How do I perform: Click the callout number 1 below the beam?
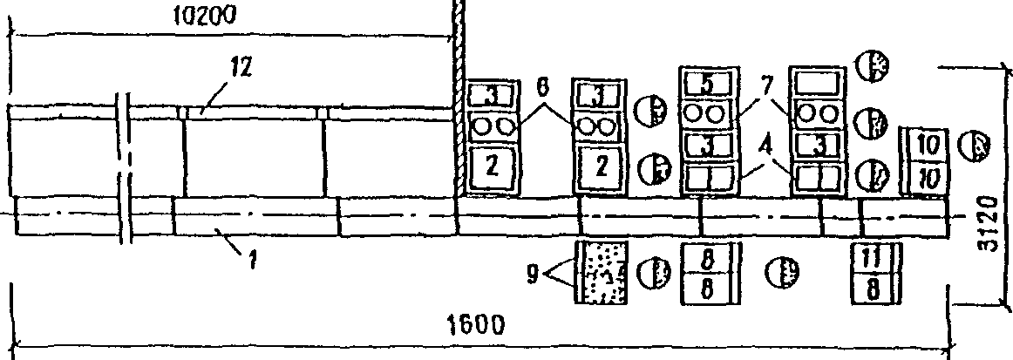tap(252, 261)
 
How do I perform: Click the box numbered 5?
tap(707, 85)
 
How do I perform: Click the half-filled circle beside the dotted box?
tap(650, 271)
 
